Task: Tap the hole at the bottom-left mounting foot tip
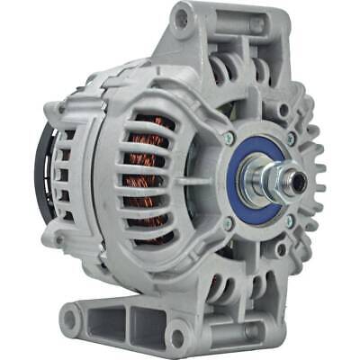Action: point(70,317)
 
